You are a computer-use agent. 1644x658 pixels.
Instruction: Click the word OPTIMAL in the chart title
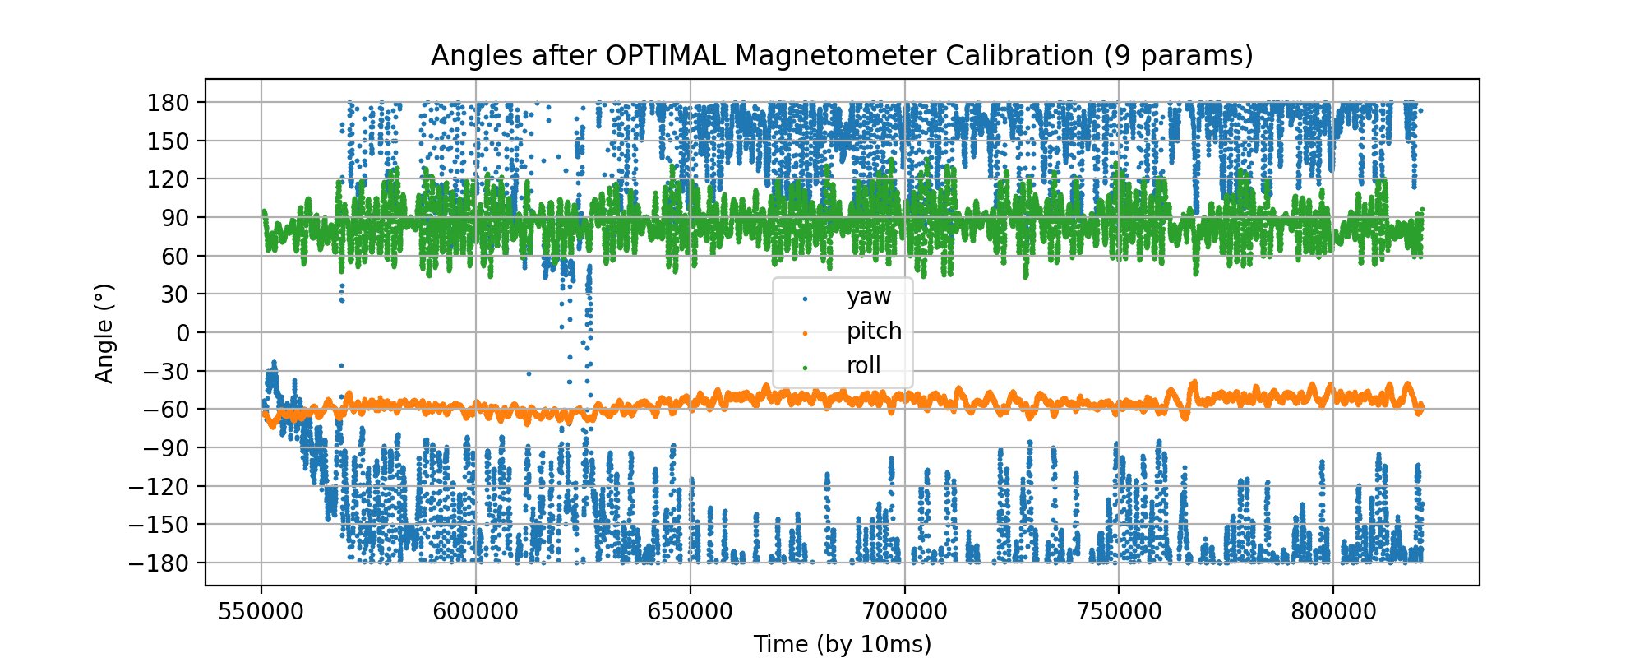pos(667,56)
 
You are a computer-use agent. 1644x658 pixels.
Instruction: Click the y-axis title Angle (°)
pos(104,333)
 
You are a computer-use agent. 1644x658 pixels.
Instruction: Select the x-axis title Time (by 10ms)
pos(842,644)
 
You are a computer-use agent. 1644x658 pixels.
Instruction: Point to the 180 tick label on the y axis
pos(169,103)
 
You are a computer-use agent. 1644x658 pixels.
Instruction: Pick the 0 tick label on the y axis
pos(182,333)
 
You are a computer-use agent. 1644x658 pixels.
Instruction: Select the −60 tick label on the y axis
pos(166,410)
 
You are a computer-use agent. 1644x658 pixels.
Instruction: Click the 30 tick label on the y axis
pos(174,294)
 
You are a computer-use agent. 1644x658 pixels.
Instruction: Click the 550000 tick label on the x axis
pos(261,613)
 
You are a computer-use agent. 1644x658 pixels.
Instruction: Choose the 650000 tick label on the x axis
pos(690,613)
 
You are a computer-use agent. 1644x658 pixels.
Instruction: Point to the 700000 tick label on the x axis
pos(904,613)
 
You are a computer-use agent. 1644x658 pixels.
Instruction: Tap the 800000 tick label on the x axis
pos(1332,613)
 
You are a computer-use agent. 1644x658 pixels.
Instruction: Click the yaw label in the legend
pos(869,297)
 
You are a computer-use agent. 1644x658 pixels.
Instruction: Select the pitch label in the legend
pos(874,331)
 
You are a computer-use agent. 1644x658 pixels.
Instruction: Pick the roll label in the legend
pos(863,366)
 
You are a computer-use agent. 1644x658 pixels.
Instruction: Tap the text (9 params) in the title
pos(1178,56)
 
